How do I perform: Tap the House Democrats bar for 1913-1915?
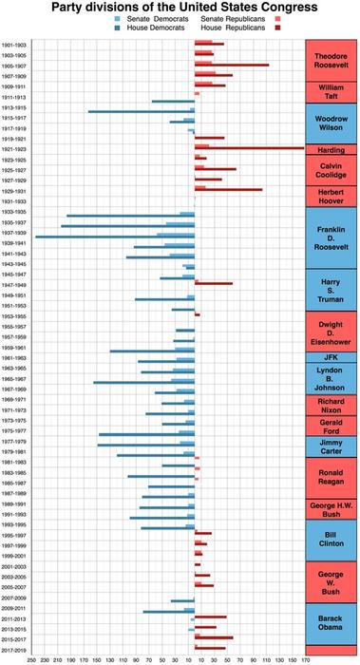(x=142, y=112)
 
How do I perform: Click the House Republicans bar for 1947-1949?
(x=214, y=283)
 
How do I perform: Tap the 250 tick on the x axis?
(x=31, y=658)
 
